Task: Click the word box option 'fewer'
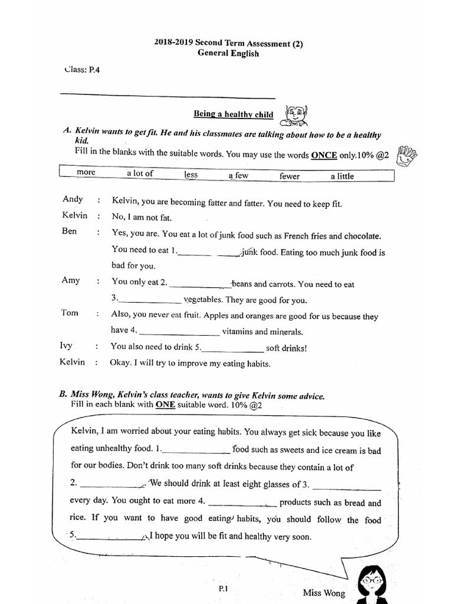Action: [x=290, y=176]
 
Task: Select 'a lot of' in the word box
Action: [x=140, y=173]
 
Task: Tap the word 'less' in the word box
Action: [x=191, y=175]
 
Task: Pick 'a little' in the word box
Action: [x=343, y=176]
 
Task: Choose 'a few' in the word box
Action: [x=239, y=176]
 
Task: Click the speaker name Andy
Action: [x=73, y=199]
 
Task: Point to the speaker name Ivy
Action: [x=67, y=346]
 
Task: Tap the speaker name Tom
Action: [x=69, y=313]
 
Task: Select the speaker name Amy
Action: [x=70, y=280]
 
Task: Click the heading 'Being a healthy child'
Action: [x=234, y=114]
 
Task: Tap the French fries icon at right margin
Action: [x=407, y=157]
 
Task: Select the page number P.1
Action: [x=223, y=589]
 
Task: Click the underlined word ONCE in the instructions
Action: [x=324, y=155]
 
